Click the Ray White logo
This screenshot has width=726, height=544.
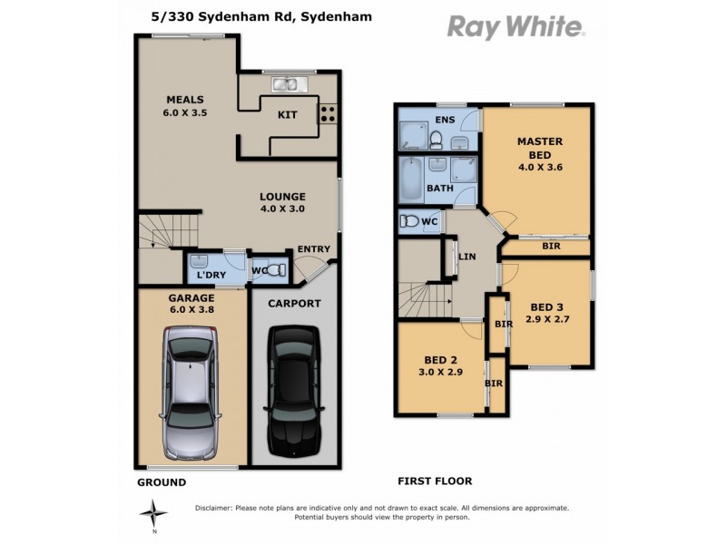click(x=515, y=26)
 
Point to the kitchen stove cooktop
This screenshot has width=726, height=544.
click(x=328, y=114)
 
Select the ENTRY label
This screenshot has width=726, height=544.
click(x=314, y=250)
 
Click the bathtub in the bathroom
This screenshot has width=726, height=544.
click(x=410, y=178)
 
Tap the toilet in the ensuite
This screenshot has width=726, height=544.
click(x=436, y=139)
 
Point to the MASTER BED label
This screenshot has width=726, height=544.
click(x=540, y=148)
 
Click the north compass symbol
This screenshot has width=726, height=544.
click(x=159, y=513)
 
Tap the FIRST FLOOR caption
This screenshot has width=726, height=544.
click(x=435, y=481)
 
